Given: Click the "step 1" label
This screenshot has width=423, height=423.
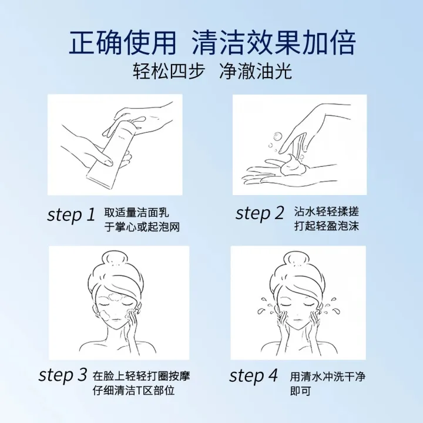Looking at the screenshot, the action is point(71,215).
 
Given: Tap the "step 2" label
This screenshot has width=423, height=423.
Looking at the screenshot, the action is point(260,213).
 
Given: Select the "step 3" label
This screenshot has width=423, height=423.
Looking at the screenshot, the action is point(63,375).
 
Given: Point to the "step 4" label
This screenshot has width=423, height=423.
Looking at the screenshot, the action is point(253,375).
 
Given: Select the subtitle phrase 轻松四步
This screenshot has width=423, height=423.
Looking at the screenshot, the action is point(169,72).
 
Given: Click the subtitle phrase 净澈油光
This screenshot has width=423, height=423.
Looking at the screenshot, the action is point(256,72).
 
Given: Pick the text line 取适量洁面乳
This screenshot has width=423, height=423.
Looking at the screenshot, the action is point(136,213).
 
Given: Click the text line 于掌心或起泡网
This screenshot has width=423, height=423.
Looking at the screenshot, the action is point(142,227).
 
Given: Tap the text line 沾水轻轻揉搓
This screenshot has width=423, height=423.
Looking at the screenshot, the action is point(327,211).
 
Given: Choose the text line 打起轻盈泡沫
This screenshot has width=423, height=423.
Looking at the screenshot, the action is point(327,226).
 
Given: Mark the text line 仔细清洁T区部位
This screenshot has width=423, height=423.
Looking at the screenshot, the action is point(133,390).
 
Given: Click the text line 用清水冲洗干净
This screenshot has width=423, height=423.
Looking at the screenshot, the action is point(328,377).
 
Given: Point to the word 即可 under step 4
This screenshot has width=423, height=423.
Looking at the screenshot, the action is point(301,391).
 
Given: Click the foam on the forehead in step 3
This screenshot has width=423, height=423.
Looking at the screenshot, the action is point(116,297).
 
